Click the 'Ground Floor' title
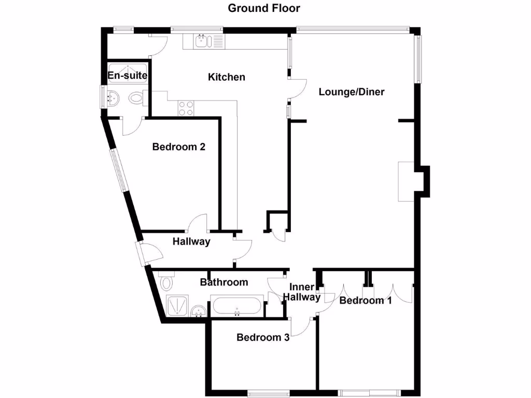point(264,8)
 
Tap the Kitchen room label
point(227,77)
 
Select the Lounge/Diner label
point(352,92)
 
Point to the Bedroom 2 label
point(179,147)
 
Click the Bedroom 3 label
point(263,337)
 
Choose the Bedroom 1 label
point(366,300)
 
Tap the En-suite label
point(128,76)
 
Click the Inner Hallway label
point(301,292)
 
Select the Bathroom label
point(224,282)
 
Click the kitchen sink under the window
point(202,40)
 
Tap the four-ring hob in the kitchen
point(186,108)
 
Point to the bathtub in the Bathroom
point(237,306)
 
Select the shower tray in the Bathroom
point(177,306)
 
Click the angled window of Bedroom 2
point(118,171)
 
